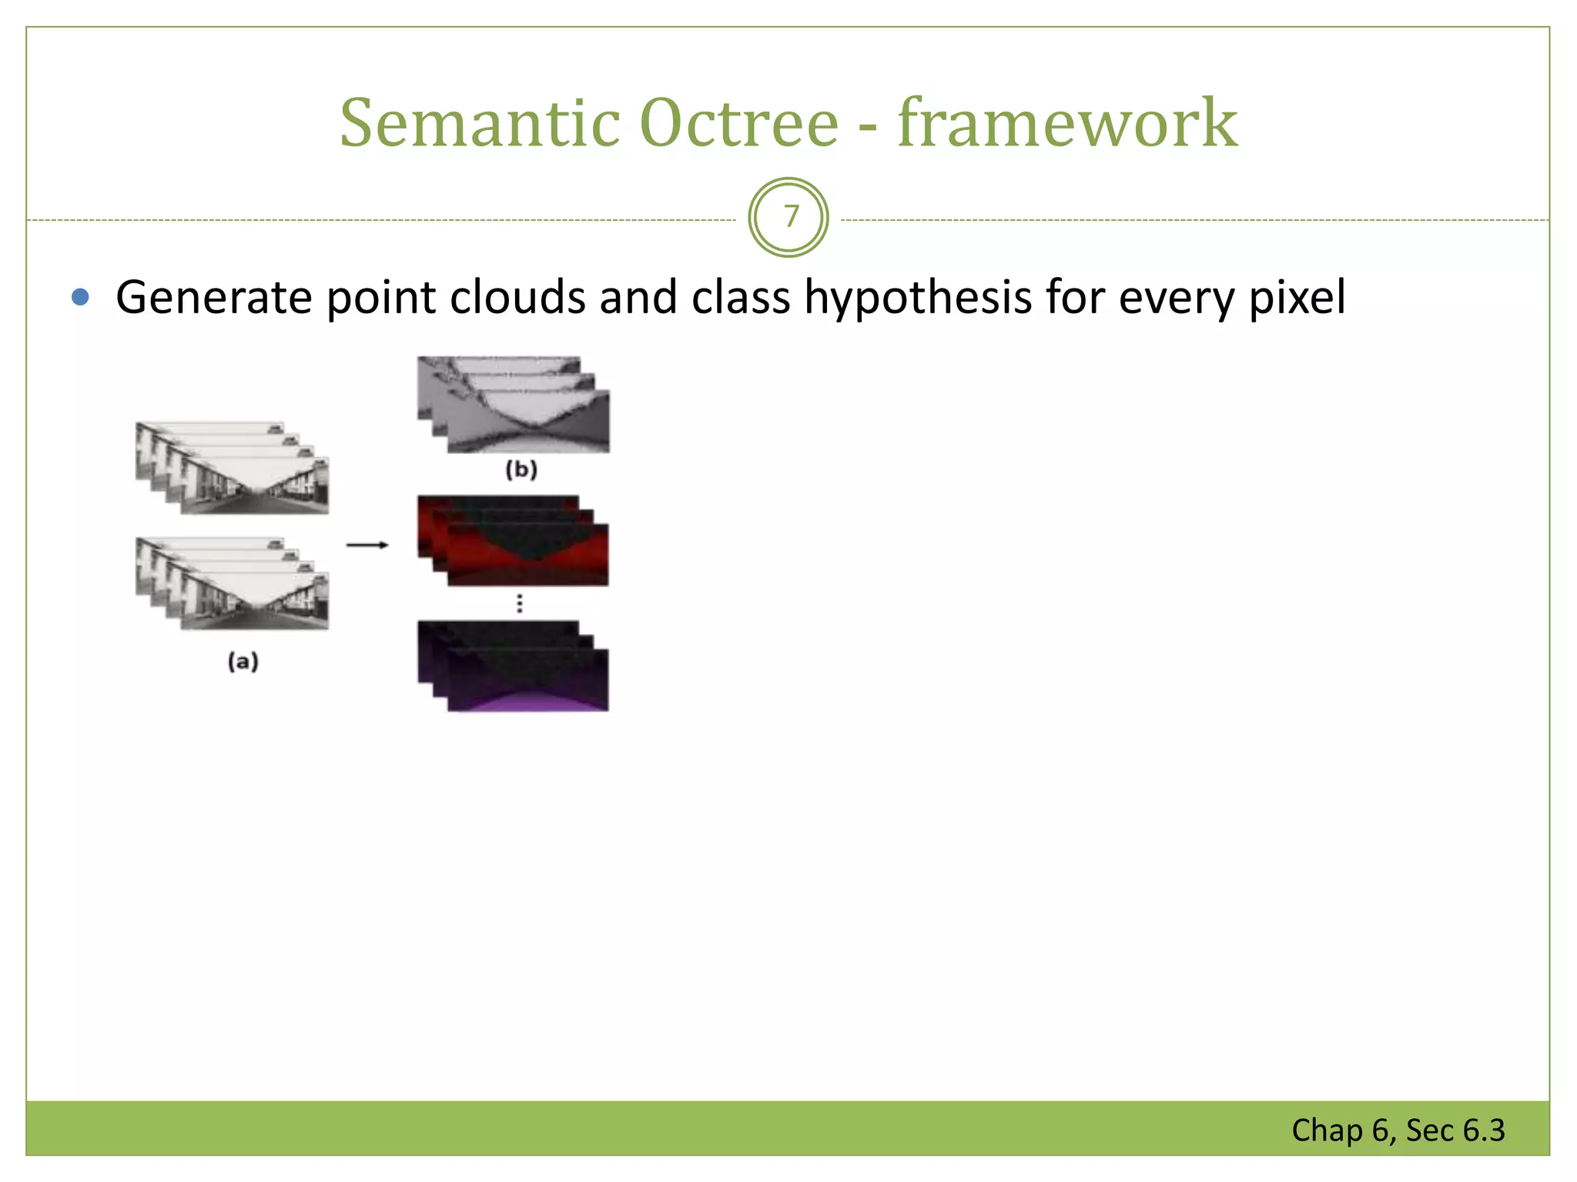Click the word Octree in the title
coord(739,123)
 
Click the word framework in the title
coord(1067,123)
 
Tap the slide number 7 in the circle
coord(789,217)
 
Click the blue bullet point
coord(80,297)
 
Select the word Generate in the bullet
coord(213,298)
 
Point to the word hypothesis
coord(918,298)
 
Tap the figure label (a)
coord(243,661)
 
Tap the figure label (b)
coord(521,469)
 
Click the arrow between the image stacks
coord(367,545)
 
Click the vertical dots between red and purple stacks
coord(520,603)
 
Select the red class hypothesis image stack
coord(514,541)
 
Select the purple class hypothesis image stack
coord(514,666)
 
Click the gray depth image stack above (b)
coord(514,405)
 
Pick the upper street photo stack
coord(233,468)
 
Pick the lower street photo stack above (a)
coord(233,583)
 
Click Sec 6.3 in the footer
coord(1455,1130)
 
